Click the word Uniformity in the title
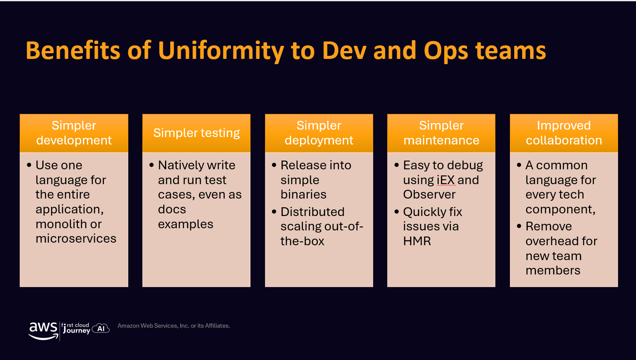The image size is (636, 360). click(221, 51)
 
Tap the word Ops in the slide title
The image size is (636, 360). click(446, 51)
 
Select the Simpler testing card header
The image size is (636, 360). click(196, 133)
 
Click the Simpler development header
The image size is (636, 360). click(74, 133)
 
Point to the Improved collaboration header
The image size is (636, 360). click(564, 133)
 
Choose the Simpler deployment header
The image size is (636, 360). click(319, 133)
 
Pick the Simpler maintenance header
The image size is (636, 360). click(441, 133)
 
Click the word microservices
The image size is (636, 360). click(76, 239)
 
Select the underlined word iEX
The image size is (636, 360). click(446, 180)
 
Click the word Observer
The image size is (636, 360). click(429, 195)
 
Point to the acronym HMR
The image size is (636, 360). click(417, 241)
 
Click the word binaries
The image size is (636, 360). click(303, 195)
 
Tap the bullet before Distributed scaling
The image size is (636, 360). click(274, 212)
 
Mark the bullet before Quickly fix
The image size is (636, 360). click(397, 212)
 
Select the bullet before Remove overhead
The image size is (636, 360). click(519, 226)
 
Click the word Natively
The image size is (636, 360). click(182, 165)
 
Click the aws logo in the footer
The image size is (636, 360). click(43, 330)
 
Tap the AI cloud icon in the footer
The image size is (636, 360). click(101, 328)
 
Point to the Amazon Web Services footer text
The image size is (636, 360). click(174, 326)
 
